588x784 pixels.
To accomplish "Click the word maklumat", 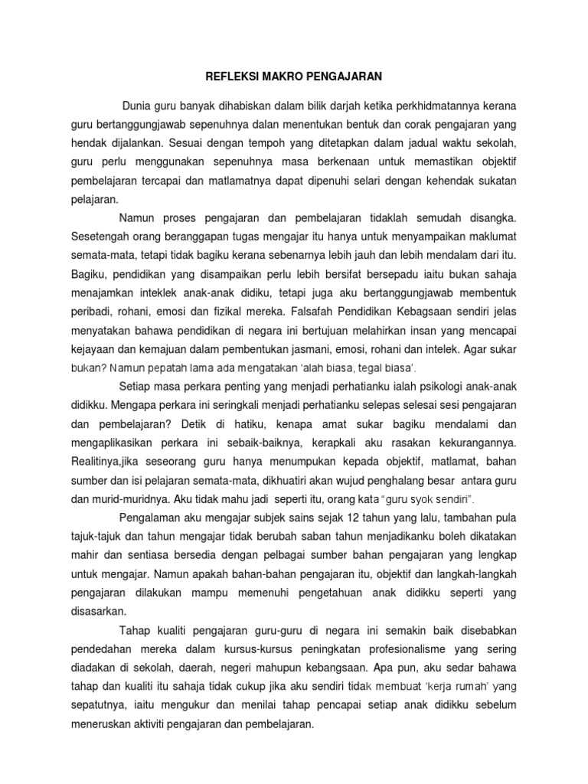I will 490,237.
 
